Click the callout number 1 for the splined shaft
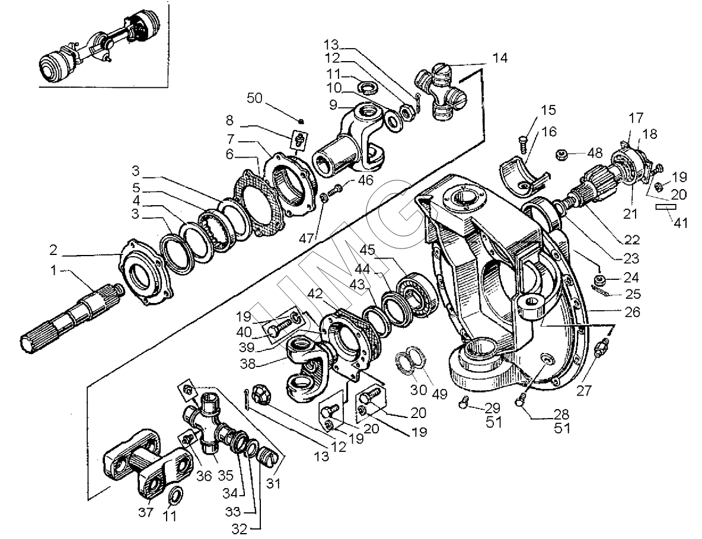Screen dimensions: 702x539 tap(54, 270)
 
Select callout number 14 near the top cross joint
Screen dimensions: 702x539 tap(500, 58)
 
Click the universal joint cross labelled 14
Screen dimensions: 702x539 tap(441, 92)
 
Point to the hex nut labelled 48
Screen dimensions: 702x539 tap(562, 155)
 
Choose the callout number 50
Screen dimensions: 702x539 tap(255, 98)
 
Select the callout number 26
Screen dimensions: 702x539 tap(632, 311)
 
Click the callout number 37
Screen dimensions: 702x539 tap(145, 512)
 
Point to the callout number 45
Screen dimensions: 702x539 tap(367, 250)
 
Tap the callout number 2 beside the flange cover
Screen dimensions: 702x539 tap(53, 250)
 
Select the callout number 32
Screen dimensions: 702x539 tap(240, 529)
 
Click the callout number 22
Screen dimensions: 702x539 tap(631, 240)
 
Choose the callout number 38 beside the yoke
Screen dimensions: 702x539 tap(247, 363)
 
